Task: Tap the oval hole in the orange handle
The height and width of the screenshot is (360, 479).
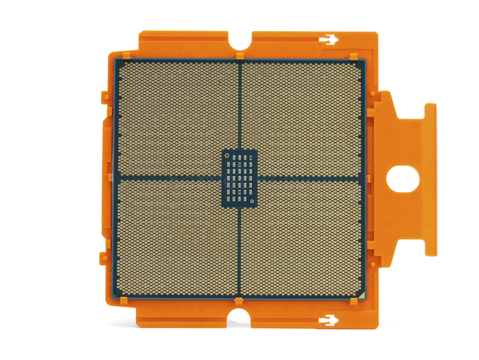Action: coord(401,179)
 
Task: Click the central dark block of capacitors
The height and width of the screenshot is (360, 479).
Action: coord(239,179)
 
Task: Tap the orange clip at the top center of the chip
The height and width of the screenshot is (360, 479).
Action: coord(239,56)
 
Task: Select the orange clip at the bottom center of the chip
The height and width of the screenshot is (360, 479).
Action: coord(239,301)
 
